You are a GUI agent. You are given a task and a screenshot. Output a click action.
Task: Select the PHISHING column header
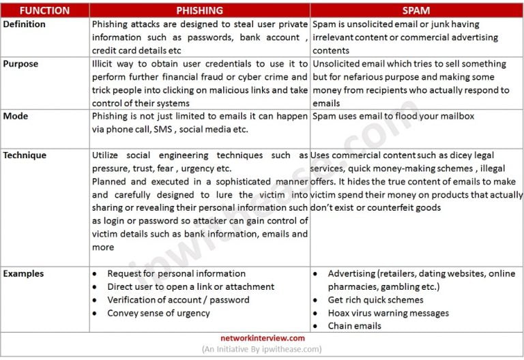coord(199,10)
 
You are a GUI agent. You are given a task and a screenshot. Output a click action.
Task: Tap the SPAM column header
coord(416,10)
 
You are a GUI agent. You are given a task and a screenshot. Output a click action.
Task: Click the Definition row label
coord(24,24)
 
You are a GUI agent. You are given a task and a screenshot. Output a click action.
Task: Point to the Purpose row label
coord(20,63)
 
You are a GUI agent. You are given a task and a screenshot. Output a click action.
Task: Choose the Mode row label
coord(16,116)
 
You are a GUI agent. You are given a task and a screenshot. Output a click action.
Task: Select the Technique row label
coord(25,155)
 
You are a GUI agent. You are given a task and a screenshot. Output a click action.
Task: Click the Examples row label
coord(23,273)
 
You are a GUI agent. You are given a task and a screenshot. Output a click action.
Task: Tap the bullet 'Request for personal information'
coord(176,273)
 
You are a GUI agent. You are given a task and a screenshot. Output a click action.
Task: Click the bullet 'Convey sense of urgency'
coord(158,313)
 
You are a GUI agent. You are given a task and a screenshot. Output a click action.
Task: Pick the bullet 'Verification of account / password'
coord(178,300)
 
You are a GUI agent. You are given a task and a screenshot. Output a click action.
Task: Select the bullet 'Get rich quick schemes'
coord(375,300)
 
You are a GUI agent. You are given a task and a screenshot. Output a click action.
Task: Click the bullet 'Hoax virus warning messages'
coord(388,313)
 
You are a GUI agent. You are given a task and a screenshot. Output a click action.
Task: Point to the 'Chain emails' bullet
coord(355,326)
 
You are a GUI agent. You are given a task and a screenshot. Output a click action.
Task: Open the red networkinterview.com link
coord(262,338)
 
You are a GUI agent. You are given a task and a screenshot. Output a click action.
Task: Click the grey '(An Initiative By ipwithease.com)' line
coord(262,349)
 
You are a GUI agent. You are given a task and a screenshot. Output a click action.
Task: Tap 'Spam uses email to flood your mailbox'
coord(393,116)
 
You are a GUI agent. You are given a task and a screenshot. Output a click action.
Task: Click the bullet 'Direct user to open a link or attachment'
coord(190,286)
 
